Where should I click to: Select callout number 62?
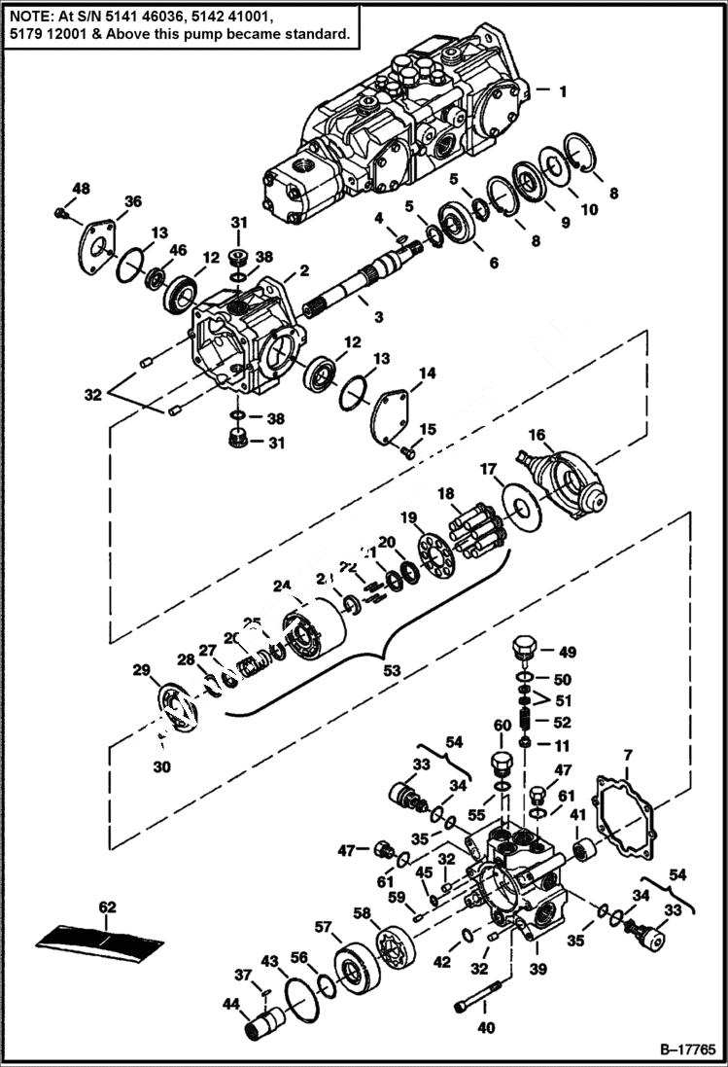[107, 907]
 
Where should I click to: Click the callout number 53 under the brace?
[392, 671]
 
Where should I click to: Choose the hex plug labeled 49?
[524, 647]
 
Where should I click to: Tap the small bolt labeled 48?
[61, 210]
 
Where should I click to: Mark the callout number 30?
[161, 766]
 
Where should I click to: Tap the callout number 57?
[323, 926]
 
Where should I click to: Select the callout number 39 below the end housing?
[538, 970]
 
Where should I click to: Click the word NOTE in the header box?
[28, 16]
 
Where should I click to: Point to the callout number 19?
[408, 516]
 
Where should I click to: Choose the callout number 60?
[502, 726]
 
